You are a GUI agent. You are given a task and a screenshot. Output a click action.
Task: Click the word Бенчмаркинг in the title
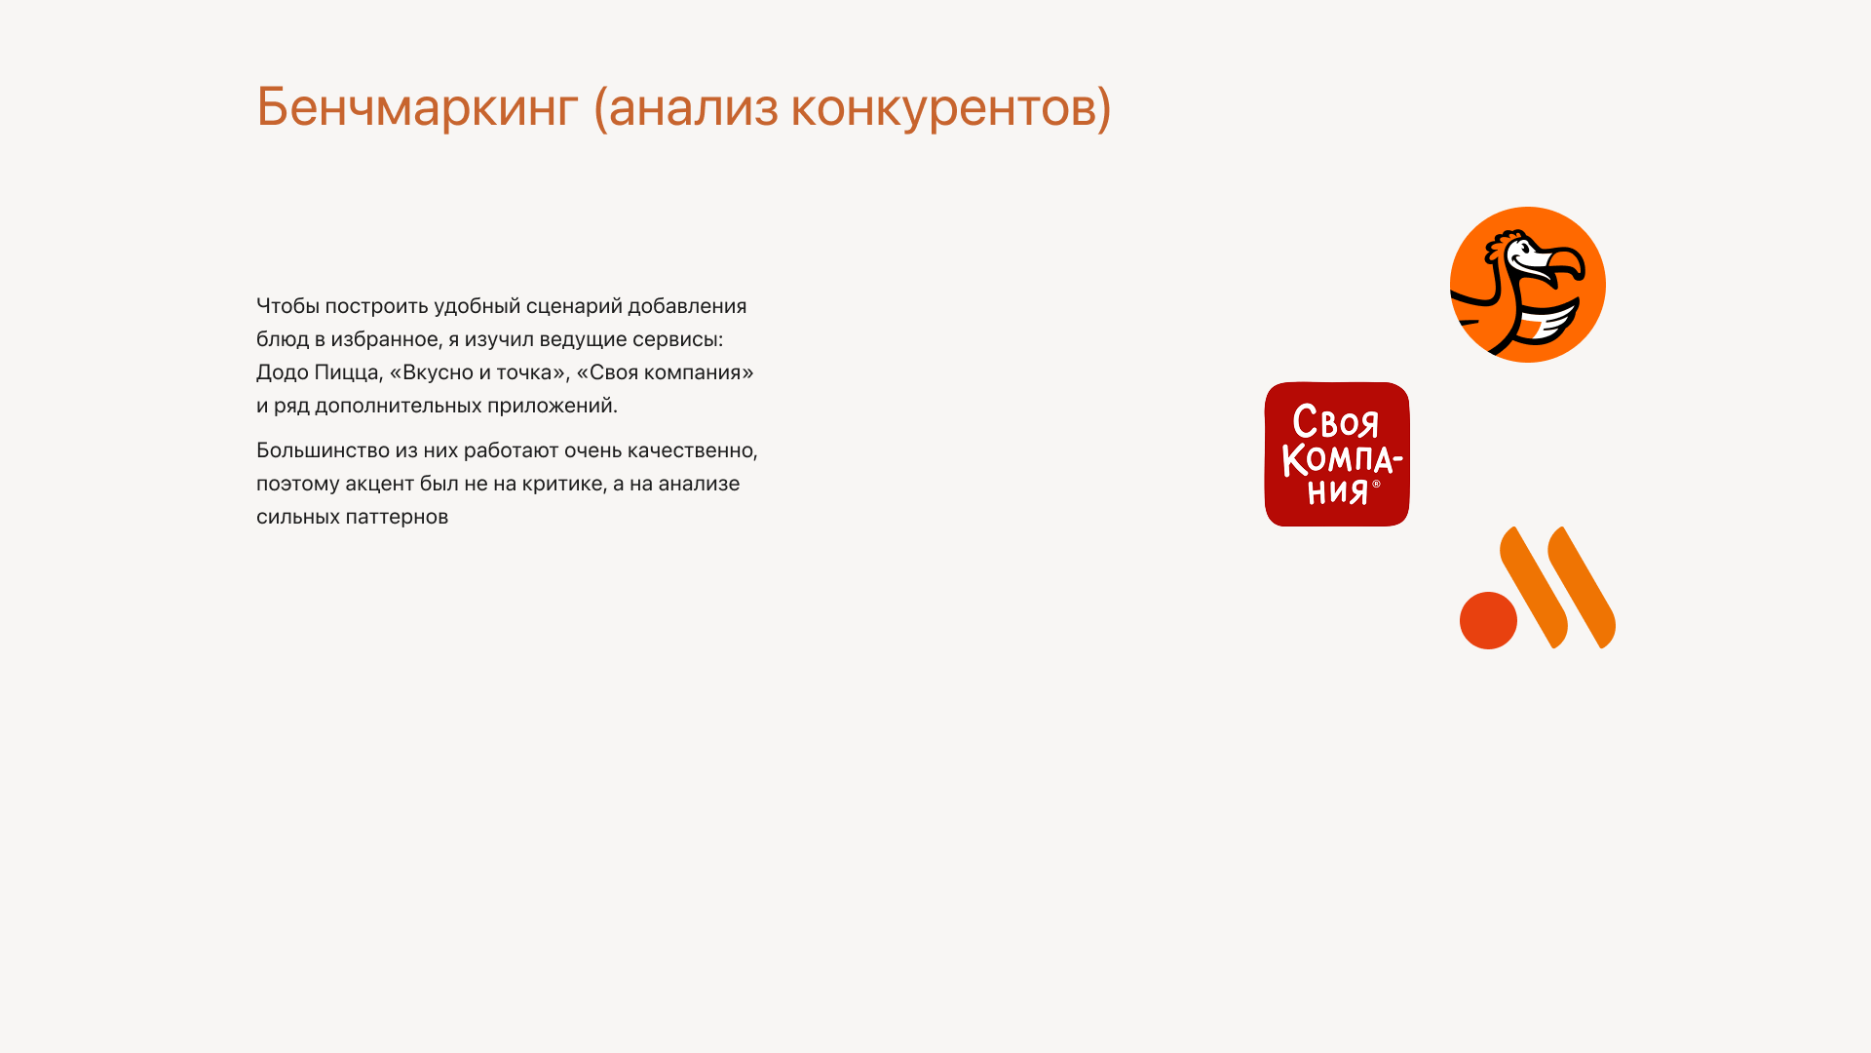[417, 106]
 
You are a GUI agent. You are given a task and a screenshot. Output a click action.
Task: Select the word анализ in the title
[693, 106]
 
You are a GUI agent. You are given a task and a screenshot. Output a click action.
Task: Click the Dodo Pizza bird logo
[1527, 285]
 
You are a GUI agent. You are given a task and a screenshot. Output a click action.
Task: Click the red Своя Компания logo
[1337, 454]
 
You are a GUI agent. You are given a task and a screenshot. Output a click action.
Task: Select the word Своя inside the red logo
[1336, 423]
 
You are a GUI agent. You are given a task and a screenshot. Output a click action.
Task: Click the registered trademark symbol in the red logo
[1376, 484]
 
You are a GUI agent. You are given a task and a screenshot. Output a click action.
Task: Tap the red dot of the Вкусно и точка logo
[1488, 620]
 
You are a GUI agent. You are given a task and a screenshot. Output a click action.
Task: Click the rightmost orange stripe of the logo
[1583, 587]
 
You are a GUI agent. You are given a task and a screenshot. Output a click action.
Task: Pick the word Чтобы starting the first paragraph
[287, 306]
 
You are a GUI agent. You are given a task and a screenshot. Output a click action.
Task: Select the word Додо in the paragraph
[282, 372]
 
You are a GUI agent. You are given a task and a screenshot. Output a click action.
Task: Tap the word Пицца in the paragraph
[347, 372]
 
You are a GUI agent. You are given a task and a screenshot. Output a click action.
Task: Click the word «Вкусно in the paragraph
[431, 372]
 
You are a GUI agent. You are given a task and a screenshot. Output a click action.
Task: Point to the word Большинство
[323, 450]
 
